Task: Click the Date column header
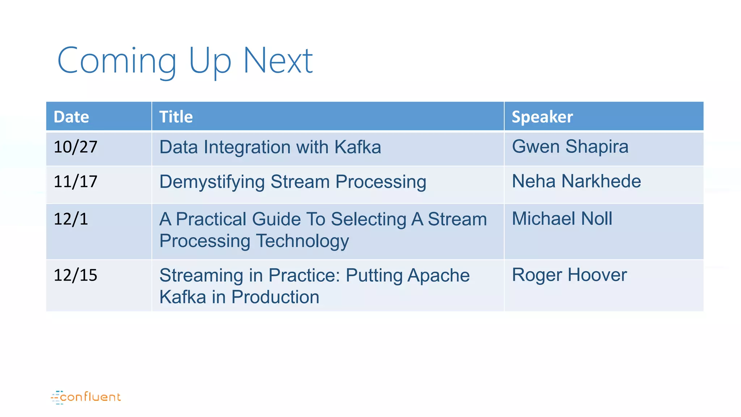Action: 71,117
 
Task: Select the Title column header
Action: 176,117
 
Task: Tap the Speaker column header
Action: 542,117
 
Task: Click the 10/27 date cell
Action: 75,147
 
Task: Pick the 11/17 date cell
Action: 75,181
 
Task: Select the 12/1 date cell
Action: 71,219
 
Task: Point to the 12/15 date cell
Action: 75,275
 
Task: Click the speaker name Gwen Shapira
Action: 570,147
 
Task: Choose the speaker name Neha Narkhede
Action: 576,181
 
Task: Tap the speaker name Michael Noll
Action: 562,219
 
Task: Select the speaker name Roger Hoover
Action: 569,275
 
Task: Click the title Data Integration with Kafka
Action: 270,147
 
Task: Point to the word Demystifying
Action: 212,182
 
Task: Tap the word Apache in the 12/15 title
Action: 439,276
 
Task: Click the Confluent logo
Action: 86,397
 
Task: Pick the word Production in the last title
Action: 275,297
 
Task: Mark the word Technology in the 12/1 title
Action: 302,241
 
